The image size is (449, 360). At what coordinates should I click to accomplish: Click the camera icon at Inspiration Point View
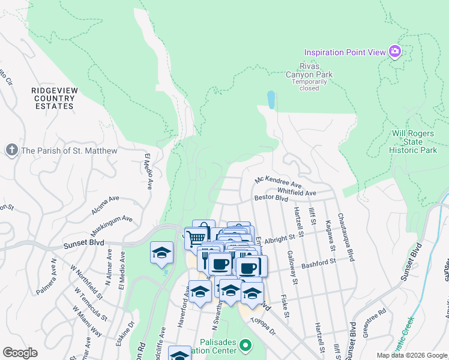pos(394,52)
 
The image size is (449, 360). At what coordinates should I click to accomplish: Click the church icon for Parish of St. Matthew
pos(11,151)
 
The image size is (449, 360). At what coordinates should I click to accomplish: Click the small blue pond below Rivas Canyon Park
pos(271,99)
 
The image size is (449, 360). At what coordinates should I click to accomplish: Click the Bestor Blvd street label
pos(271,197)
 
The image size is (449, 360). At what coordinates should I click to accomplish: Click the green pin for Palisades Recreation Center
pos(245,346)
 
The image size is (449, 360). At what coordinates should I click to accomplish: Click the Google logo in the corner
pos(19,353)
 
